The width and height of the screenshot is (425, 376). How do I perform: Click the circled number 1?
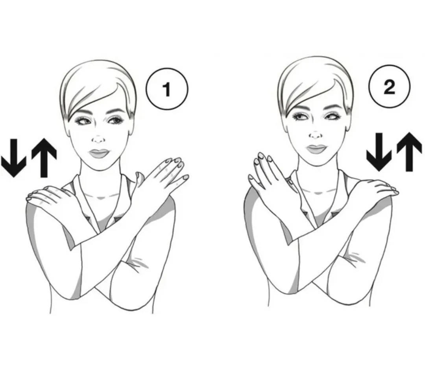click(167, 89)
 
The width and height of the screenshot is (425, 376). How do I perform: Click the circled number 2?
click(389, 86)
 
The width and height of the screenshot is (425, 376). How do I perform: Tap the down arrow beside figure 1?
click(13, 158)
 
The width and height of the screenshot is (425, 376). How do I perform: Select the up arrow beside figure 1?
click(44, 158)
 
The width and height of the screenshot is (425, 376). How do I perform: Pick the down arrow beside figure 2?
click(379, 152)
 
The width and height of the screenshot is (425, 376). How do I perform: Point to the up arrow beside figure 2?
click(409, 152)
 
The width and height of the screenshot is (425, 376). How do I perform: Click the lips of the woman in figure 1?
click(99, 153)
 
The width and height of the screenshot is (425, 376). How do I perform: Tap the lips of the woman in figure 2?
click(316, 149)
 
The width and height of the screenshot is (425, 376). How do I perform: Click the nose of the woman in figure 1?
click(99, 139)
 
